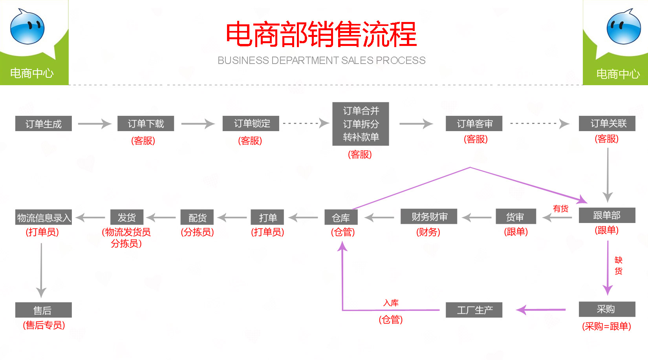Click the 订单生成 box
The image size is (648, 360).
[44, 124]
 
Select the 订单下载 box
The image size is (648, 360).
[146, 124]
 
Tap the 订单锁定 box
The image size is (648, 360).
[251, 123]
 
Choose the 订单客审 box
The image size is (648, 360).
[474, 123]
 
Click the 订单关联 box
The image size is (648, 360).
[607, 123]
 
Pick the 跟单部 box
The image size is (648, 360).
[607, 215]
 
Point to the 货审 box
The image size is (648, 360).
[515, 217]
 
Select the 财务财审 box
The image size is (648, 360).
[429, 216]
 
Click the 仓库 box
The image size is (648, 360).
[341, 217]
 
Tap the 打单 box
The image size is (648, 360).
[267, 217]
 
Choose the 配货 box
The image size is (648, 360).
[197, 217]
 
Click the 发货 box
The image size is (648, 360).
[127, 217]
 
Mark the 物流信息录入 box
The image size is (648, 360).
[44, 217]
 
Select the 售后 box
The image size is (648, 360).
[44, 310]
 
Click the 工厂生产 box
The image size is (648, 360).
[474, 310]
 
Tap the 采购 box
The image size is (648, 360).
[607, 309]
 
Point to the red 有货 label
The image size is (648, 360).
[560, 208]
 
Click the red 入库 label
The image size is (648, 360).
[391, 303]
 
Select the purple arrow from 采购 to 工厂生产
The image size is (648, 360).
[541, 310]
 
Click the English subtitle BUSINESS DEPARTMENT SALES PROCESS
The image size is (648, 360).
[321, 60]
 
